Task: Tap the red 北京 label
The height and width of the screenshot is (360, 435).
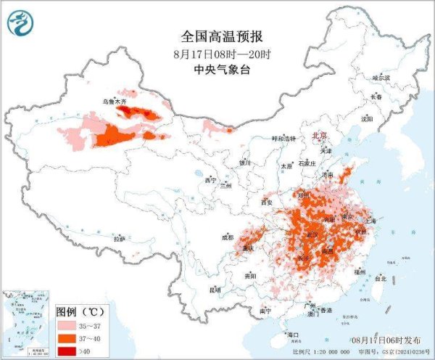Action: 319,136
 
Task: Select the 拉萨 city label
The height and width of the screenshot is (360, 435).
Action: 120,238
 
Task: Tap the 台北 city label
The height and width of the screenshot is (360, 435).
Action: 381,278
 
